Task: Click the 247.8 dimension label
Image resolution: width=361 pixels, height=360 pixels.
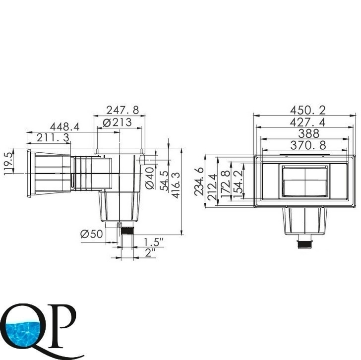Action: click(122, 110)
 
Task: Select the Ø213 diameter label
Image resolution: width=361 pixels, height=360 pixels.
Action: click(117, 122)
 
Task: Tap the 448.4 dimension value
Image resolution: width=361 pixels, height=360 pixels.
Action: click(64, 127)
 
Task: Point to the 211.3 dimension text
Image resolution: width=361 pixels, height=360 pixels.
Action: click(53, 138)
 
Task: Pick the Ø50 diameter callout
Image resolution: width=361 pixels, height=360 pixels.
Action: click(91, 235)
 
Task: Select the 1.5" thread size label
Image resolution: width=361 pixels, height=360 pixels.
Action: click(153, 242)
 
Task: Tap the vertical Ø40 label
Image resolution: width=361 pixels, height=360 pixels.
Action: click(150, 178)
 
